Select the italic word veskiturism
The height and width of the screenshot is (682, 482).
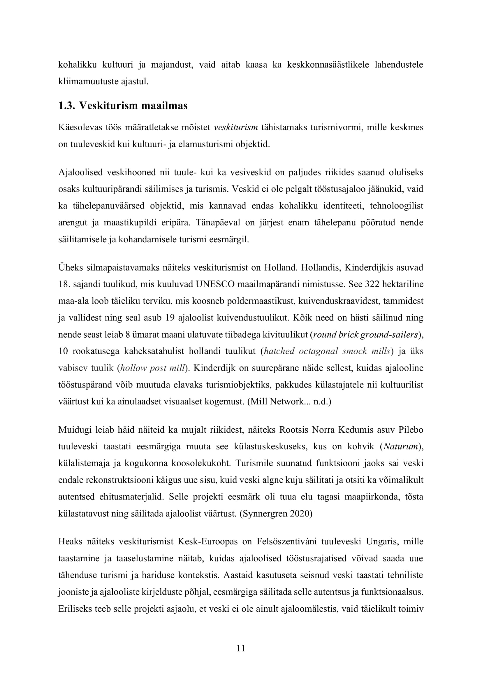pos(236,127)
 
